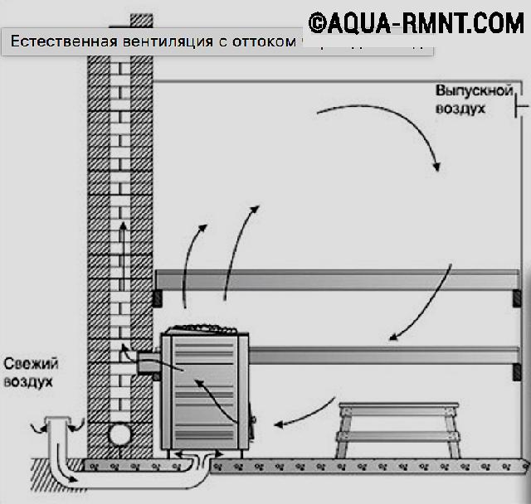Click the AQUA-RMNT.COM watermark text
click(426, 23)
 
